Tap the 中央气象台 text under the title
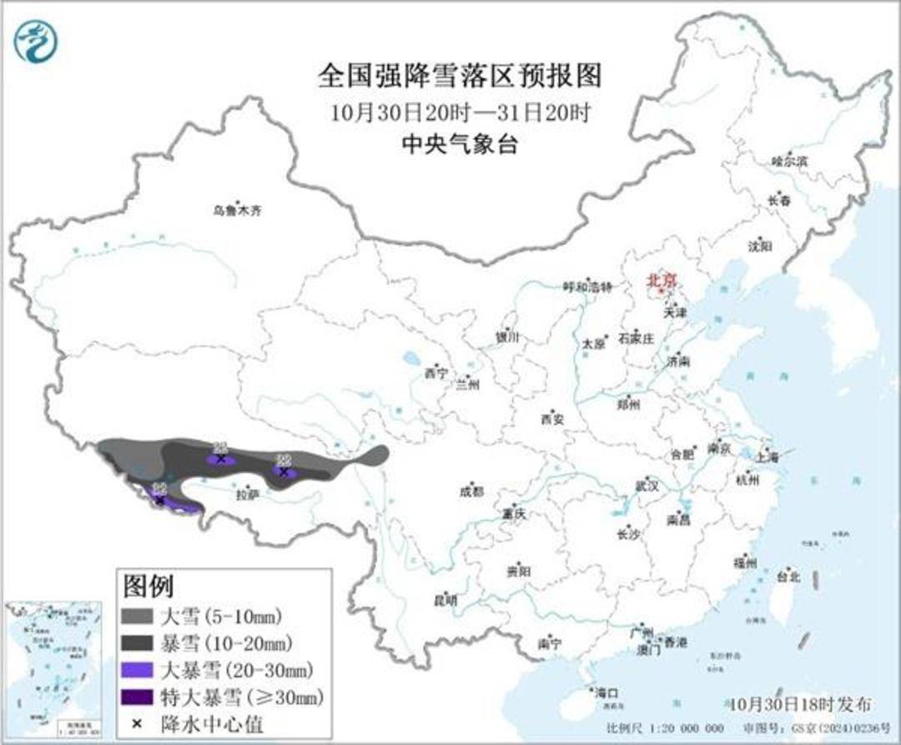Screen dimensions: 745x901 point(460,144)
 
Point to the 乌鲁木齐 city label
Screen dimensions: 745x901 point(237,211)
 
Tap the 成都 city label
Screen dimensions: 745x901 point(471,491)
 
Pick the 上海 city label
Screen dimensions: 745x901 point(767,457)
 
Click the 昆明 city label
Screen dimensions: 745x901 point(445,600)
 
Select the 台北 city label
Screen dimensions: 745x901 point(788,576)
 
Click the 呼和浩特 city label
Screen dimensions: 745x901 point(587,287)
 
